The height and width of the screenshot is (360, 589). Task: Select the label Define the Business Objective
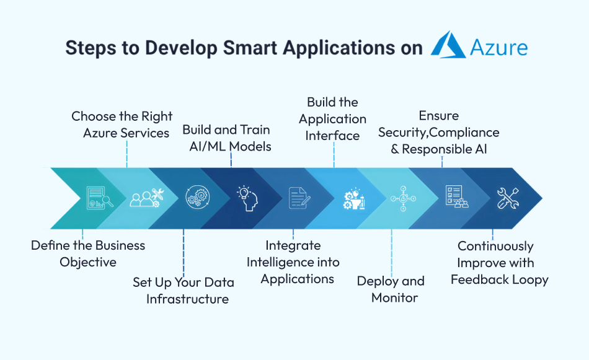(88, 253)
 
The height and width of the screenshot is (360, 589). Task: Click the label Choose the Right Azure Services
(122, 125)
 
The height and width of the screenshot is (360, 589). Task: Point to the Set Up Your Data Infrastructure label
(184, 291)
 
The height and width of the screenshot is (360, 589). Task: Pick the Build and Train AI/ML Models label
(227, 138)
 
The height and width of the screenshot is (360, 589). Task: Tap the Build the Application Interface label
(333, 118)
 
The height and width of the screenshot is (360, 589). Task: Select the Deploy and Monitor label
(391, 289)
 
